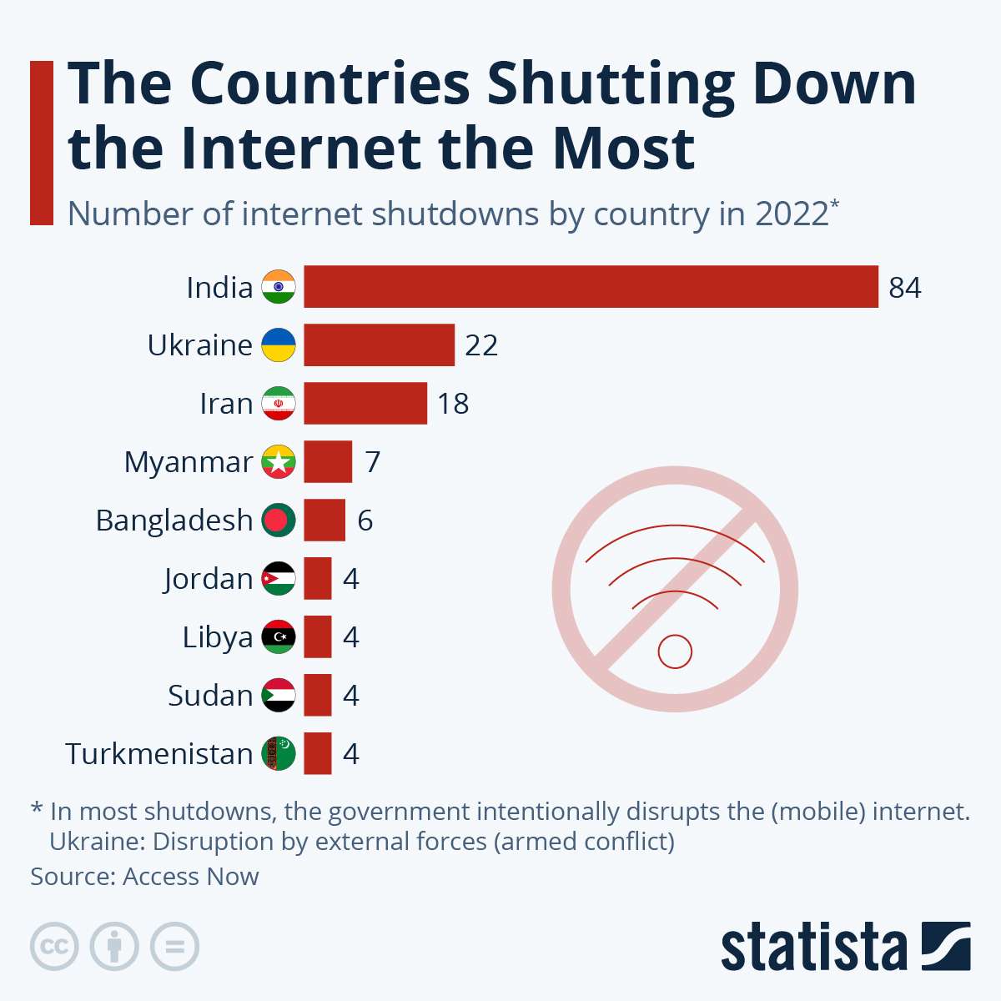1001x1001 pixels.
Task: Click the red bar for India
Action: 591,287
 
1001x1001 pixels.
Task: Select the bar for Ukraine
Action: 379,345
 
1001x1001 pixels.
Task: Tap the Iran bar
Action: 365,404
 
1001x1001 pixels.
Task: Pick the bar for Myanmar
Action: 328,462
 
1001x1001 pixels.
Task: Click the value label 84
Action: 905,288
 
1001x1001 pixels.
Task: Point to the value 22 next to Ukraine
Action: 481,345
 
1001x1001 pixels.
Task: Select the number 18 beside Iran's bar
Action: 453,404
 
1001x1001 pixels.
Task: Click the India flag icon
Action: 279,287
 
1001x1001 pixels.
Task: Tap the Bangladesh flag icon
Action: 279,521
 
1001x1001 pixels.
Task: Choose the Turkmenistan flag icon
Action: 279,754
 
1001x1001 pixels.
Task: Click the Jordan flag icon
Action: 279,579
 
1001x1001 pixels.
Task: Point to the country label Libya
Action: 217,637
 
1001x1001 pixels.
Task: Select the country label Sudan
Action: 209,696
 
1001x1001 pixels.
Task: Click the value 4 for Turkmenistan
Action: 351,754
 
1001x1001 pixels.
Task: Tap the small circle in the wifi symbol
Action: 675,651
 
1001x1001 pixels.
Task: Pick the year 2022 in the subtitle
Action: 792,214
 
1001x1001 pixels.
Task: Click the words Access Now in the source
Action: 190,877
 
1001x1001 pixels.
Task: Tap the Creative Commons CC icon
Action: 54,947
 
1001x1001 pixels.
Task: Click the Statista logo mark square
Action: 946,946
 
